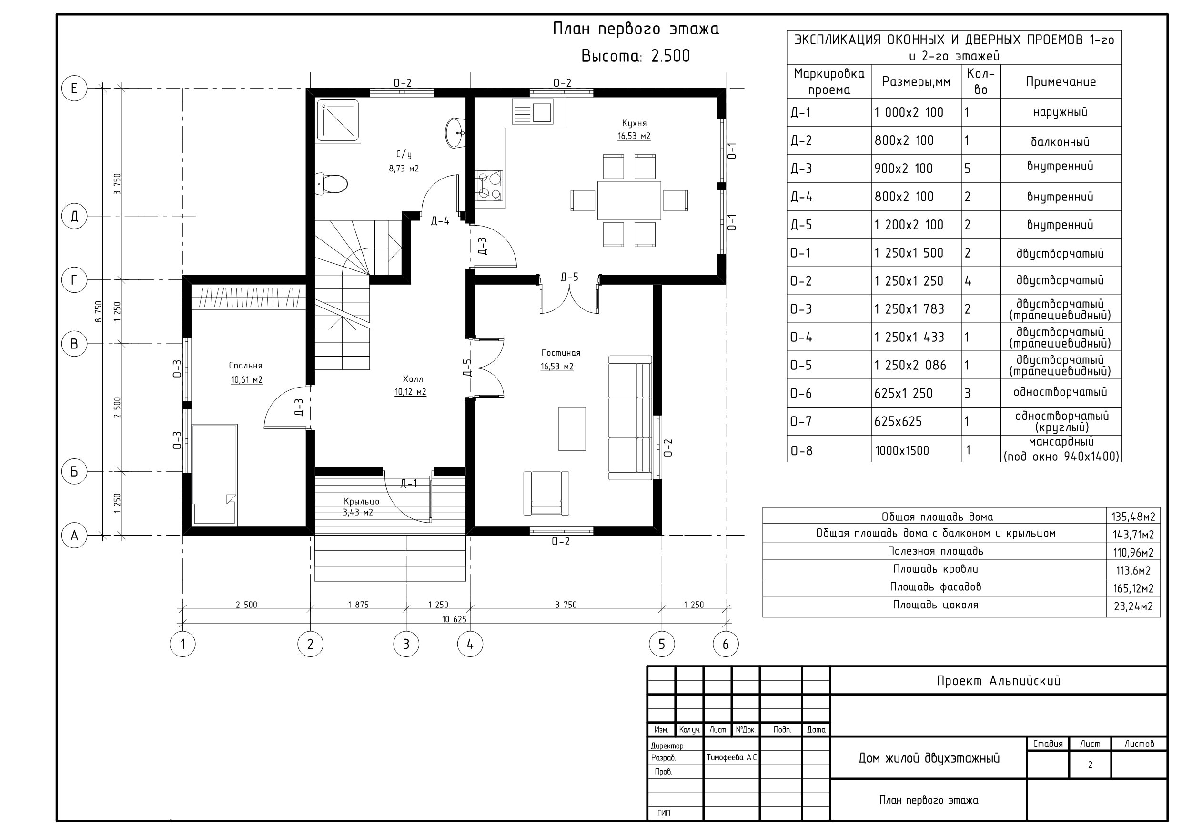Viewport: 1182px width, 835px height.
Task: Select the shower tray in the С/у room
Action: click(338, 120)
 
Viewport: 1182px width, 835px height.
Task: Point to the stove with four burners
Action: click(489, 185)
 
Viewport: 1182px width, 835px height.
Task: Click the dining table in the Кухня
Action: click(629, 200)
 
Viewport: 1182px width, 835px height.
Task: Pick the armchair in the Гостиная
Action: click(546, 493)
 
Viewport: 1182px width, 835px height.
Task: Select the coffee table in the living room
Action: click(572, 428)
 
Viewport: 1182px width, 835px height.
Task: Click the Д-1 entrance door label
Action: click(409, 484)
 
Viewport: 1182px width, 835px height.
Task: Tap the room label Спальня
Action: click(245, 365)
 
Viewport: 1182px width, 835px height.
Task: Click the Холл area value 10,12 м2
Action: click(410, 392)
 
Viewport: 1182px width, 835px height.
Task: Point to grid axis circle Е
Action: click(74, 88)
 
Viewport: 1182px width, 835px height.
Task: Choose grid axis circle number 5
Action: click(662, 644)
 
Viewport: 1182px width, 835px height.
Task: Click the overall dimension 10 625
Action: click(454, 619)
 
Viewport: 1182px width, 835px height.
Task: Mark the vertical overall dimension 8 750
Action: click(98, 311)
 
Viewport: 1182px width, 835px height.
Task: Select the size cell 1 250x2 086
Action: click(909, 365)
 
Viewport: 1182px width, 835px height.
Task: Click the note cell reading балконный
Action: click(1060, 141)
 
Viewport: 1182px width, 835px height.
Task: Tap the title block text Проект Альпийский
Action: click(998, 681)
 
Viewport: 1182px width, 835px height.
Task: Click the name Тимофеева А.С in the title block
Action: click(731, 757)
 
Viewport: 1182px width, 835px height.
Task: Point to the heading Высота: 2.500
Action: click(635, 56)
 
